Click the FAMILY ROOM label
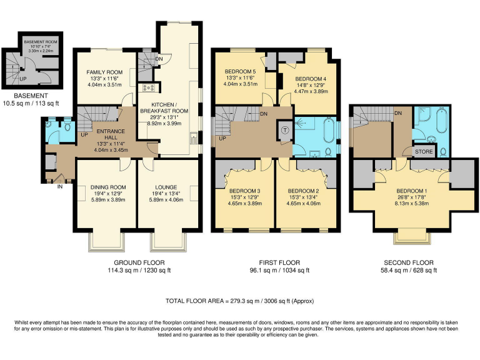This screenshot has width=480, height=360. tap(104, 72)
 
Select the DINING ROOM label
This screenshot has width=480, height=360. tap(104, 187)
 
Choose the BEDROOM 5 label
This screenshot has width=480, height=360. tap(241, 71)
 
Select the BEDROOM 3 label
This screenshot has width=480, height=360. tap(244, 191)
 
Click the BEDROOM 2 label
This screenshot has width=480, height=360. tap(304, 191)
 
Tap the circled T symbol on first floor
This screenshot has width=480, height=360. tap(285, 131)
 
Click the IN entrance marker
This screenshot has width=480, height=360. tap(60, 186)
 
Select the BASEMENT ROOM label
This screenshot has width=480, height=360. tap(40, 41)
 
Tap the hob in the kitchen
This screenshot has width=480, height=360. tap(149, 88)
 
